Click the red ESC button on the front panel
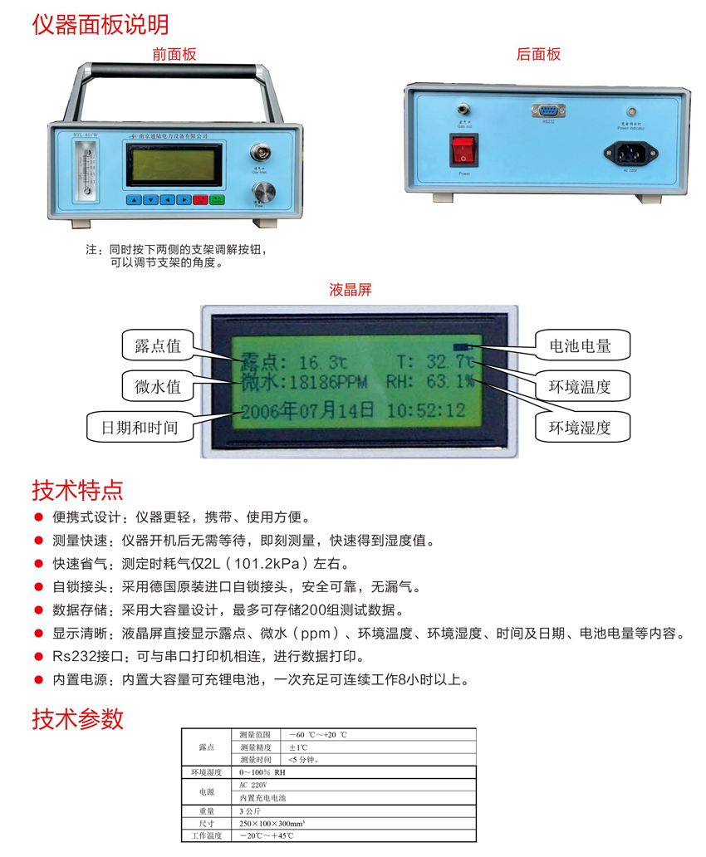pyautogui.click(x=199, y=199)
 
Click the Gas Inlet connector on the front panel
pyautogui.click(x=261, y=153)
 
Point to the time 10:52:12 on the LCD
pyautogui.click(x=426, y=410)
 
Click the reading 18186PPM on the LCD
pyautogui.click(x=332, y=384)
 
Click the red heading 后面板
pyautogui.click(x=538, y=55)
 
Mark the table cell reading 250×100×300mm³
pyautogui.click(x=269, y=823)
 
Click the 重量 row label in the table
pyautogui.click(x=206, y=810)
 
